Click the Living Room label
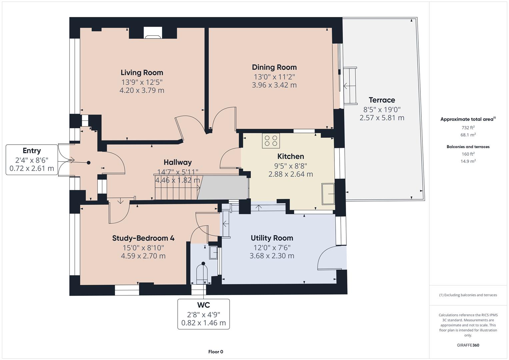point(142,73)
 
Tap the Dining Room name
point(274,67)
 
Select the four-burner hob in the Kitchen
point(271,140)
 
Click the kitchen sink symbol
point(328,194)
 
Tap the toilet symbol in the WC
point(203,274)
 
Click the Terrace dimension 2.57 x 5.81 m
point(382,118)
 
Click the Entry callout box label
point(32,151)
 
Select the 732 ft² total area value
point(468,128)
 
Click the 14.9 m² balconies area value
point(468,161)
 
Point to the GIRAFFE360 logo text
point(468,345)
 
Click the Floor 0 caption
point(215,352)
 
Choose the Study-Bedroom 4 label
point(143,238)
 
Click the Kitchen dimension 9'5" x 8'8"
point(290,166)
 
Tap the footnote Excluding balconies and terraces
point(468,295)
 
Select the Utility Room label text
point(272,238)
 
